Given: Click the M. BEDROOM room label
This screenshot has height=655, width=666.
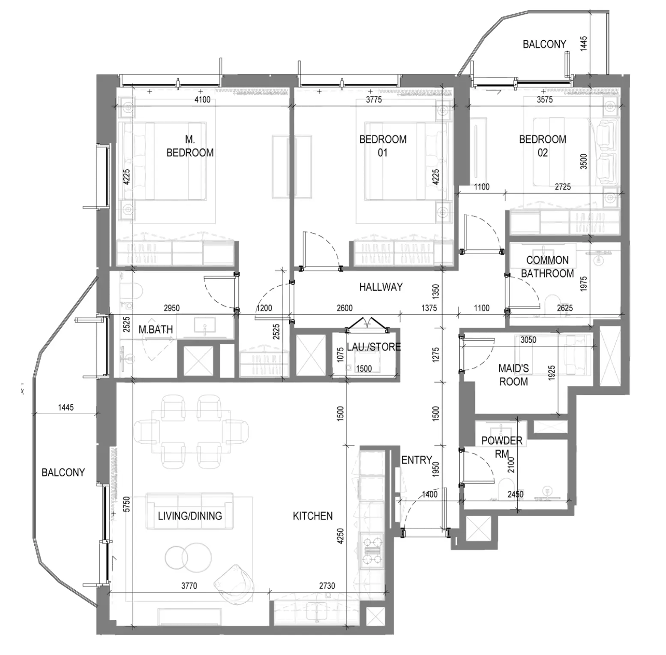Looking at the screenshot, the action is point(190,146).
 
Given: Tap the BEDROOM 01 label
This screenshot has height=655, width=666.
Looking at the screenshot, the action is point(383,146).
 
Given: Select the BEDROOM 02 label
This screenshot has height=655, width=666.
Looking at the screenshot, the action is point(543,146).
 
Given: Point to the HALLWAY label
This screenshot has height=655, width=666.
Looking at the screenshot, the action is point(381,287).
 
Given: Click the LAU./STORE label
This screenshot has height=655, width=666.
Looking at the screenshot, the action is point(374,346).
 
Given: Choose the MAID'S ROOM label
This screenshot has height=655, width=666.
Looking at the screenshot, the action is point(513,375).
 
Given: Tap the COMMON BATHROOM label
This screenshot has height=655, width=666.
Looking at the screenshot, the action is point(547,267).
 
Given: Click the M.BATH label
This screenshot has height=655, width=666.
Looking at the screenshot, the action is point(156,330).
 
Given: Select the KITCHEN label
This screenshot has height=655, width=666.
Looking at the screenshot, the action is point(313,516).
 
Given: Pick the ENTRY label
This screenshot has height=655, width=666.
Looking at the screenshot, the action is point(417,460).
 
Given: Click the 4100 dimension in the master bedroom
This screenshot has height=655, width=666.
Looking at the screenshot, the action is point(202,99).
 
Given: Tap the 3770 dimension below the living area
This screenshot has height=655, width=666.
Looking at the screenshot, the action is point(189,586).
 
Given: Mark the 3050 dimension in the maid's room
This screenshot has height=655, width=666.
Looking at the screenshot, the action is point(528,340).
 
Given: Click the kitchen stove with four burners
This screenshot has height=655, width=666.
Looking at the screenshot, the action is point(372,550).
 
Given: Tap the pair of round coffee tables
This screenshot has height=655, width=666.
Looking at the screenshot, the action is point(188,557).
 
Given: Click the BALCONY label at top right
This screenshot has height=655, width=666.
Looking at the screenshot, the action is point(544,44).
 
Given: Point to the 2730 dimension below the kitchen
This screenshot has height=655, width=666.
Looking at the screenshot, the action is point(327,586).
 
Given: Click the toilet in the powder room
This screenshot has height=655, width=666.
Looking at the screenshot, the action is point(505,488).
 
